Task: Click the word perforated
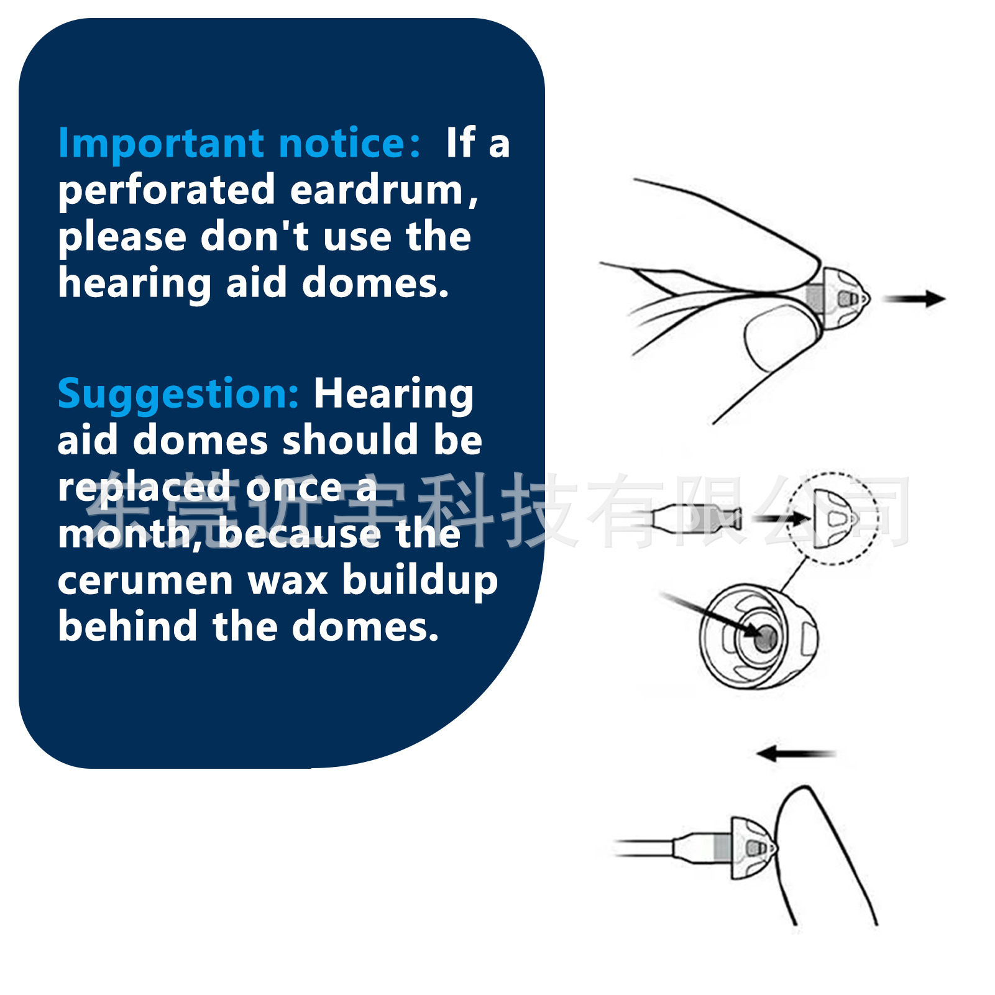coord(167,190)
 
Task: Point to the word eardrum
coord(382,190)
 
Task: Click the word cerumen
coord(145,580)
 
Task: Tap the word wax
coord(287,580)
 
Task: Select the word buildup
coord(420,580)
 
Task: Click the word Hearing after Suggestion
coord(393,395)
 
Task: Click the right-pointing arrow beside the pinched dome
coord(914,299)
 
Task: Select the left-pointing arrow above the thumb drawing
coord(796,754)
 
